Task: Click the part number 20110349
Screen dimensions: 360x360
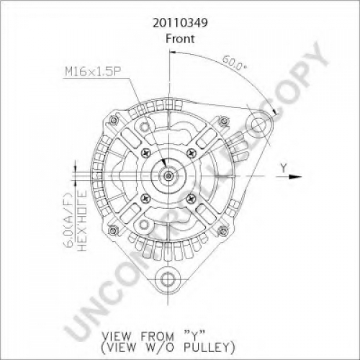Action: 180,23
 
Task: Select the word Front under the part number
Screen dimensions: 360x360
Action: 180,39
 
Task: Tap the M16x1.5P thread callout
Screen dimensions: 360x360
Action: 93,71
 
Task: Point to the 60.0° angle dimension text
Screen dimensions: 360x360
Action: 234,63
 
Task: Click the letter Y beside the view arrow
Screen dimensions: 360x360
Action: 284,168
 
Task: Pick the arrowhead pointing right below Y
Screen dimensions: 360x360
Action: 295,176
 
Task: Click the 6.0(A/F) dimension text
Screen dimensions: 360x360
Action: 69,220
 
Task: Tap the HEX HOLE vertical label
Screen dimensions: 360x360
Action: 82,221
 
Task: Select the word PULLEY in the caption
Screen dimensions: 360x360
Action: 210,347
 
